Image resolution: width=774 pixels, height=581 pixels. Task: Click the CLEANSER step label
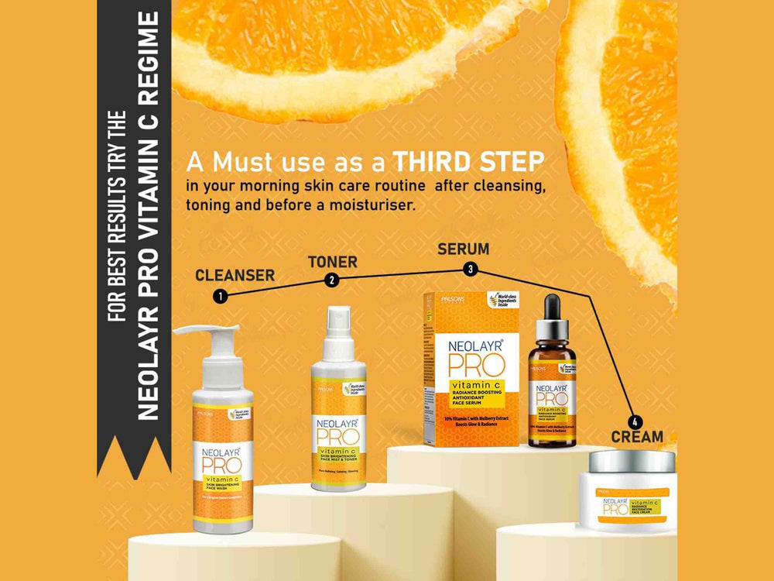point(235,275)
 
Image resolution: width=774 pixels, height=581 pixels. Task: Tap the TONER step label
point(333,262)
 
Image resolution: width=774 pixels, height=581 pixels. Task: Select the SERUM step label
point(463,249)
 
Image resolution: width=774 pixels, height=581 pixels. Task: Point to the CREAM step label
point(636,437)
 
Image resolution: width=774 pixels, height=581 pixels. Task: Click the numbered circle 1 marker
point(221,295)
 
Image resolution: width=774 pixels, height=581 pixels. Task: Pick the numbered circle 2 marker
point(332,280)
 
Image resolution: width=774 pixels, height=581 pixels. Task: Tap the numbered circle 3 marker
point(469,269)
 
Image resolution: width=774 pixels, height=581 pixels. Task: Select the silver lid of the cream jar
point(631,462)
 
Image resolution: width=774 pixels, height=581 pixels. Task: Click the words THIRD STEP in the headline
point(467,163)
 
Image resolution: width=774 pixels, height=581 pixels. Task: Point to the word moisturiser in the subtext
point(378,205)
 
